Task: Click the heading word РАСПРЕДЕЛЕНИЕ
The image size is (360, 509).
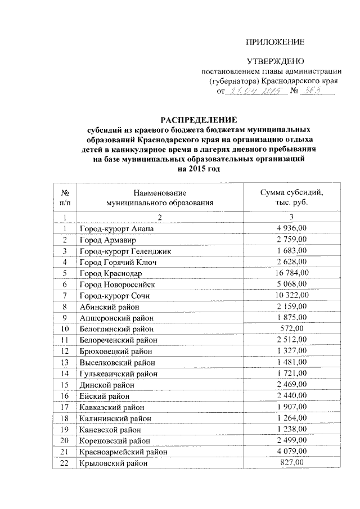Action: point(199,119)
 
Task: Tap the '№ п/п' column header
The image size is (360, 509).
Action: point(65,197)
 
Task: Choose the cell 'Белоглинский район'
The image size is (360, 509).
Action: point(117,328)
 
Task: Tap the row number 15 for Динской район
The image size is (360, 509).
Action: point(65,384)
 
